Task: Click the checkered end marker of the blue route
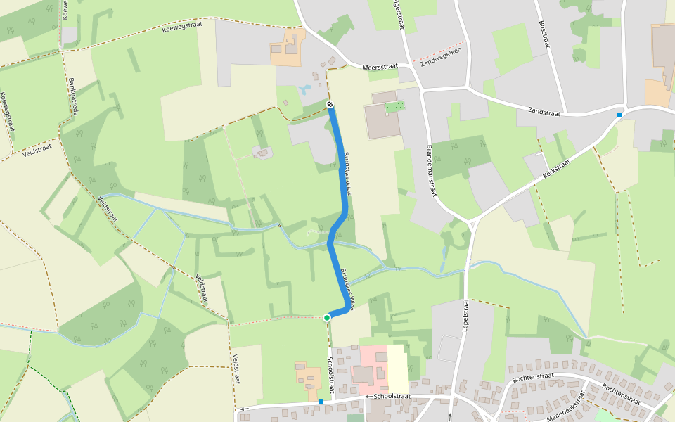[x=330, y=105]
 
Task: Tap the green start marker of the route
[x=327, y=318]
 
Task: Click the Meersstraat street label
[x=380, y=67]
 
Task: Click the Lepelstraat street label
[x=465, y=314]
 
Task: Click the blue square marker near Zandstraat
[x=619, y=115]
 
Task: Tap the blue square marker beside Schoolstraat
[x=321, y=402]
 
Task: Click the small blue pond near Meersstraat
[x=304, y=90]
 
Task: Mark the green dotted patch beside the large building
[x=395, y=107]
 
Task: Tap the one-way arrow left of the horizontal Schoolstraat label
[x=367, y=397]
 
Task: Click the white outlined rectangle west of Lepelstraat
[x=450, y=348]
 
